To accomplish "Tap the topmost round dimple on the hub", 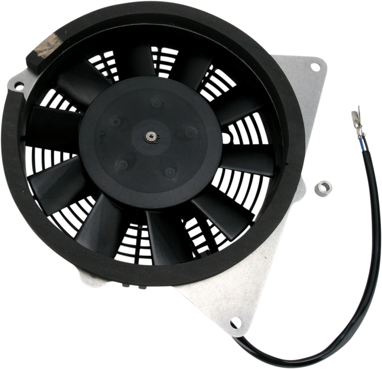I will (x=156, y=105).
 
